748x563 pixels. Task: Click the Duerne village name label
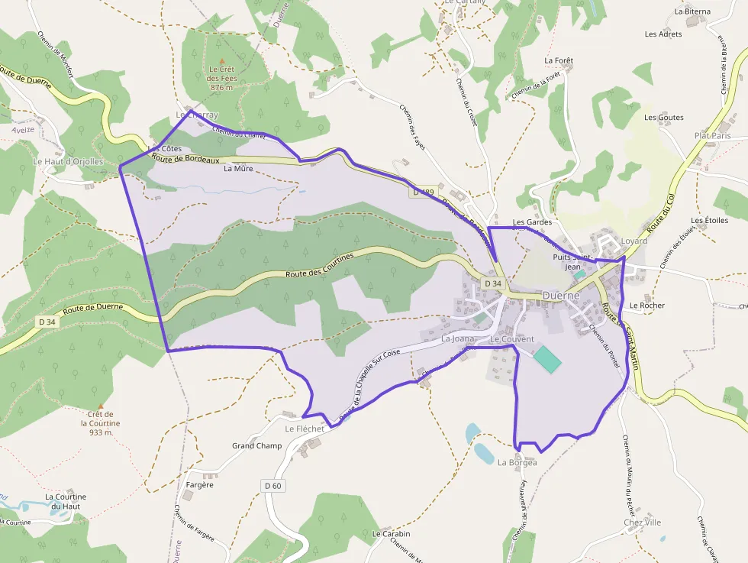tap(561, 295)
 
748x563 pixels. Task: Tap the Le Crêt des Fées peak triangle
tap(222, 60)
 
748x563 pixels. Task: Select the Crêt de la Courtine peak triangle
tap(100, 405)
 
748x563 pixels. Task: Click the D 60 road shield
tap(273, 485)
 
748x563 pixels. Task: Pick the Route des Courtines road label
tap(320, 265)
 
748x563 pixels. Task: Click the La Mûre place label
tap(238, 169)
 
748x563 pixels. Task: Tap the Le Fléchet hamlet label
tap(305, 429)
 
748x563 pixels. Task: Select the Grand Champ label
tap(256, 445)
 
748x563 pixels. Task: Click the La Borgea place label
tap(517, 462)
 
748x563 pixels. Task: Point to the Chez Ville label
tap(642, 523)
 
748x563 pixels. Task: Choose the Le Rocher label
tap(647, 306)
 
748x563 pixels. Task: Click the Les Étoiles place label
tap(710, 221)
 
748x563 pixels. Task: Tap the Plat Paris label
tap(712, 135)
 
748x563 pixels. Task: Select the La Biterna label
tap(692, 11)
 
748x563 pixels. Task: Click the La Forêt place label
tap(559, 60)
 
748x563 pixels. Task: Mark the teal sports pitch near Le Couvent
tap(546, 359)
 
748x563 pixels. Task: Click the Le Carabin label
tap(391, 533)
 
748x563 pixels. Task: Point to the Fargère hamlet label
tap(200, 484)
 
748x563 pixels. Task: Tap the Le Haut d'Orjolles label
tap(69, 161)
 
